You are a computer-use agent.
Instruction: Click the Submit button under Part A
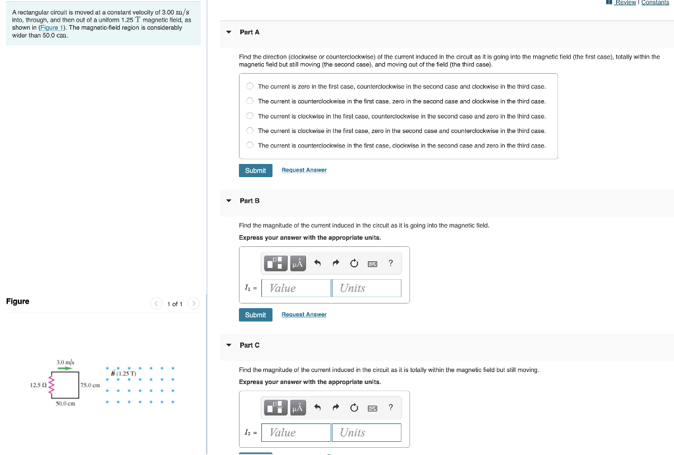[x=255, y=171]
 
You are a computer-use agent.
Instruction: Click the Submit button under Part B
[x=255, y=315]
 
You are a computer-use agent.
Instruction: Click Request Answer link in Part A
[x=304, y=171]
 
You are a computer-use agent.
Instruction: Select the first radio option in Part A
[x=250, y=86]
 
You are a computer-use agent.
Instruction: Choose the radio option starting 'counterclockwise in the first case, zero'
[x=250, y=101]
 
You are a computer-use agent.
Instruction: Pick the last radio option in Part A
[x=250, y=146]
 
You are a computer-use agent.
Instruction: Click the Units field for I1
[x=367, y=288]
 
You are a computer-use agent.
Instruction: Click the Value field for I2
[x=296, y=433]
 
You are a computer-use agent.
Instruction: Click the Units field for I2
[x=367, y=433]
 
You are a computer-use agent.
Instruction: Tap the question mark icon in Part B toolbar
[x=391, y=263]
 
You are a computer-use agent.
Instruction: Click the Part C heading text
[x=249, y=345]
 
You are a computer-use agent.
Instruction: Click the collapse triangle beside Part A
[x=228, y=32]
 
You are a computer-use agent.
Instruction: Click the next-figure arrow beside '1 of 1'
[x=194, y=304]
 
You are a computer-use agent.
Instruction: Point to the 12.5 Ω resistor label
[x=36, y=385]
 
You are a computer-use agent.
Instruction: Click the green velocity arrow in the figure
[x=65, y=369]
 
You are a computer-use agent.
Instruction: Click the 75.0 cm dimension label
[x=90, y=385]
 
